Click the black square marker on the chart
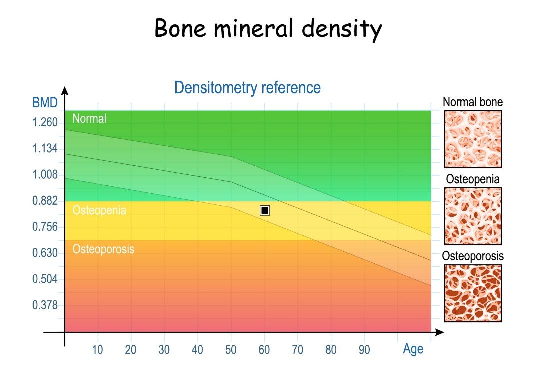click(x=265, y=210)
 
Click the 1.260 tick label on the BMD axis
click(x=45, y=123)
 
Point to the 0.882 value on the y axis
click(x=45, y=201)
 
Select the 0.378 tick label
click(x=45, y=305)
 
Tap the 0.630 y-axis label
click(x=45, y=253)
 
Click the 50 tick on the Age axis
click(x=231, y=350)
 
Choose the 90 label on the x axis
click(x=364, y=350)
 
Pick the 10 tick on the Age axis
click(x=97, y=350)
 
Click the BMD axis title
click(x=45, y=103)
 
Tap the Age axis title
click(x=413, y=349)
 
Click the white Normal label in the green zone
click(x=89, y=119)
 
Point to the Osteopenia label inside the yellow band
click(x=99, y=210)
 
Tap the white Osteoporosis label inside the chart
click(x=103, y=248)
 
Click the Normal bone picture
click(x=473, y=139)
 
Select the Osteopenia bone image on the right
click(x=473, y=216)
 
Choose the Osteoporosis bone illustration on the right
click(x=473, y=293)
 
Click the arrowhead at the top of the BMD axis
click(x=64, y=91)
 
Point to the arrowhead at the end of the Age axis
click(x=439, y=332)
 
